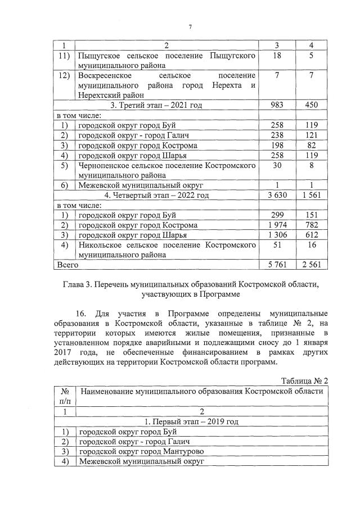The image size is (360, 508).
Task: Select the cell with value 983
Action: tap(276, 105)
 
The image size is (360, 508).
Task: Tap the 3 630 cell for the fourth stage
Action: tap(276, 195)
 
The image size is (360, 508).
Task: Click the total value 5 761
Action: tap(276, 264)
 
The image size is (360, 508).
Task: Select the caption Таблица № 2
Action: tap(304, 380)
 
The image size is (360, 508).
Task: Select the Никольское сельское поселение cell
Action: tap(167, 250)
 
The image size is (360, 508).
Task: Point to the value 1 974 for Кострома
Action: tap(276, 225)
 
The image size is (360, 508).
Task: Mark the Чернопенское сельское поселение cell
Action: tap(167, 170)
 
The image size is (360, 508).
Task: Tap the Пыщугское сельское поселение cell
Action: tap(167, 61)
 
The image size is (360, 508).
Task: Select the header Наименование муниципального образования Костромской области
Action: tap(201, 391)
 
